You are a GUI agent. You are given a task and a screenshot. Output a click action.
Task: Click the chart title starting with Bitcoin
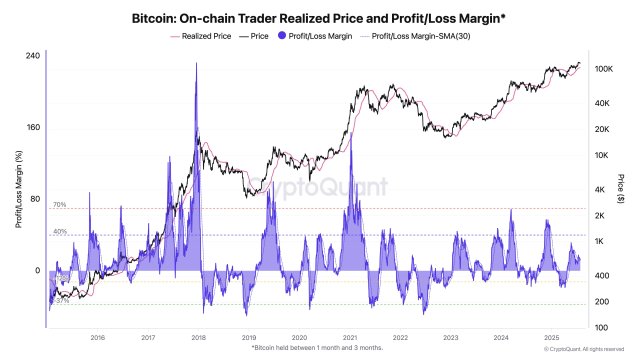[320, 16]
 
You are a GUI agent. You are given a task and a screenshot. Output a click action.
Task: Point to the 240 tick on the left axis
[32, 56]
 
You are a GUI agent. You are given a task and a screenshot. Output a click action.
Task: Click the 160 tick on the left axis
[32, 127]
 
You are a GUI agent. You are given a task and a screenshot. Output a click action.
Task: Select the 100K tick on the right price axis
[603, 68]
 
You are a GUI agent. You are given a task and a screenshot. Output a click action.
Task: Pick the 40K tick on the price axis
[603, 103]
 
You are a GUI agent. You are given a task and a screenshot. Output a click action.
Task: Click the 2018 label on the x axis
[198, 338]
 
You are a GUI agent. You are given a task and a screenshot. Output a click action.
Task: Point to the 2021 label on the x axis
[351, 338]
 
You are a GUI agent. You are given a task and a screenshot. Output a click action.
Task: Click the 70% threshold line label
[59, 205]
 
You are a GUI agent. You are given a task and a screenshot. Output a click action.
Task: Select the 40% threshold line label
[59, 232]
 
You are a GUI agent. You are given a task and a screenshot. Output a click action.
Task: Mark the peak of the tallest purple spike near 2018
[196, 65]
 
